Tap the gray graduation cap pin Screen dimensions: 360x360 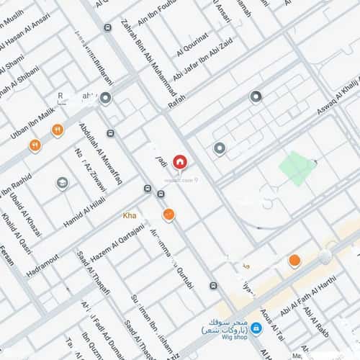pos(63,184)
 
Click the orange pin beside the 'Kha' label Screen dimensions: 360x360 pos(168,214)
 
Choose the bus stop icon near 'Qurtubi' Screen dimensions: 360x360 pos(213,286)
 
